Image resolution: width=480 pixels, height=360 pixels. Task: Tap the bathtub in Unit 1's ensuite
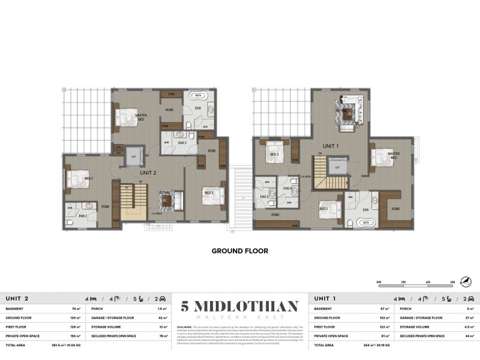(365, 222)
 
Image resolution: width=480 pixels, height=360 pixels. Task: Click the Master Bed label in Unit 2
(142, 117)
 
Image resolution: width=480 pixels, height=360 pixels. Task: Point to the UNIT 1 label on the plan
(331, 146)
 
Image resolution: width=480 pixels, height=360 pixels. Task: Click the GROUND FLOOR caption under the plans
(239, 251)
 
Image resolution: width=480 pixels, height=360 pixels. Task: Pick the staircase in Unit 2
(134, 200)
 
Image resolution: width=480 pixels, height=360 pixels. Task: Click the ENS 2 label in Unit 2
(83, 216)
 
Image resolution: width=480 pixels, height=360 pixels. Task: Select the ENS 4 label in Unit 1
(287, 189)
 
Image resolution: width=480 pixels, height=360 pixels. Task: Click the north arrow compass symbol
(466, 281)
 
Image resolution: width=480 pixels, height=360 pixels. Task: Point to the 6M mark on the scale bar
(451, 281)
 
